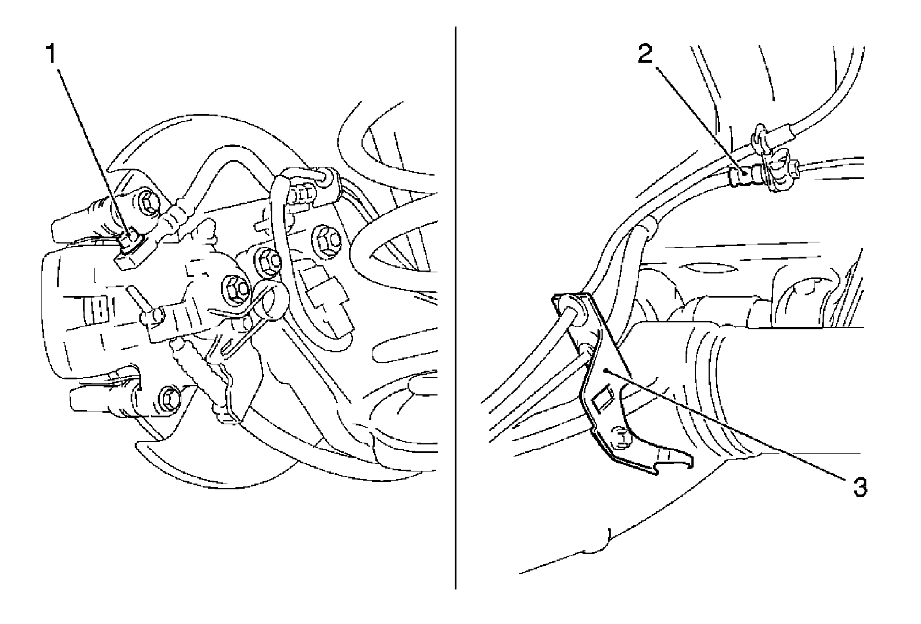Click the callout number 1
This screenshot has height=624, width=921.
coord(51,55)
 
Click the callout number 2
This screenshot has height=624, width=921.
coord(645,55)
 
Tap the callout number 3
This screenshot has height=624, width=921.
coord(859,488)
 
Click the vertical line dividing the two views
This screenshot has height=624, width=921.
coord(455,311)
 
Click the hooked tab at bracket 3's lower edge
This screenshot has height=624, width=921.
coord(679,458)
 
